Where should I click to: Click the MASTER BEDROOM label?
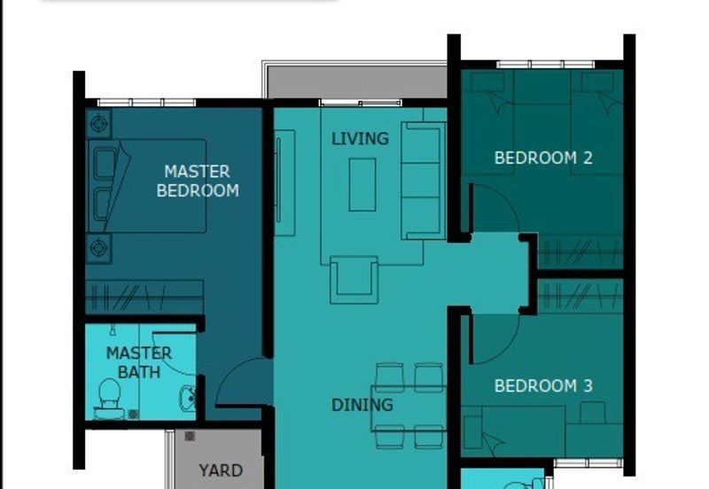pos(198,181)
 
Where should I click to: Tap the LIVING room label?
pos(360,139)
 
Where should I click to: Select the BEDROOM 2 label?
pos(543,159)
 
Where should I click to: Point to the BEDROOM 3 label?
pos(543,386)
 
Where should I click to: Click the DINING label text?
pos(362,405)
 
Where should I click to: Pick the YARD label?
pos(221,470)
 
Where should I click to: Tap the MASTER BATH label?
pos(139,362)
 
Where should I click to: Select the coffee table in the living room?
pos(362,184)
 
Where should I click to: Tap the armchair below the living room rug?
pos(354,278)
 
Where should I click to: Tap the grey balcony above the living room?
pos(354,81)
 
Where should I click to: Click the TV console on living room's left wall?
pos(284,182)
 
